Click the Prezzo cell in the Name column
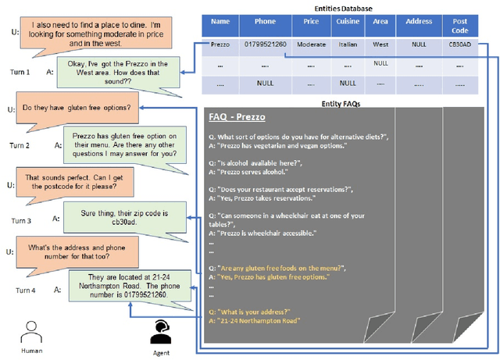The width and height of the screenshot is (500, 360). [220, 44]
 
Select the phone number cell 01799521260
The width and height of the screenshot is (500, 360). [259, 44]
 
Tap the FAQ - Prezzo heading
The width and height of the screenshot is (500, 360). [237, 117]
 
